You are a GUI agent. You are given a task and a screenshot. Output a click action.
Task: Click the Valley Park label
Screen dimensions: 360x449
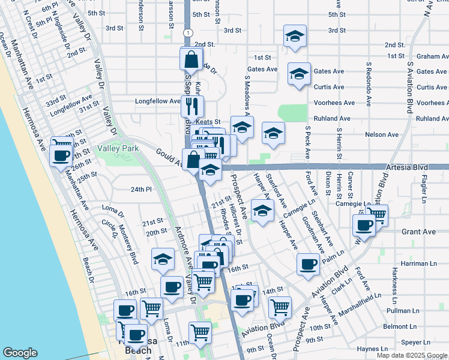point(119,148)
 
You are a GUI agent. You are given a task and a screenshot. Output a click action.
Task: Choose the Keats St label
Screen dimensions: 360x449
point(209,122)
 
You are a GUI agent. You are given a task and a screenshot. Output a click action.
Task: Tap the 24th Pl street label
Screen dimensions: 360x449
point(142,190)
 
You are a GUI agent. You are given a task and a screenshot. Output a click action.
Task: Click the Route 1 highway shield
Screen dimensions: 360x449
point(188,32)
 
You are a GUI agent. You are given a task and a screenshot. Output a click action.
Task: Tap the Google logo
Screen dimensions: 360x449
point(20,353)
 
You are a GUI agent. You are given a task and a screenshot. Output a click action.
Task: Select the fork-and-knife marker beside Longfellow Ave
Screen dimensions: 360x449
point(192,107)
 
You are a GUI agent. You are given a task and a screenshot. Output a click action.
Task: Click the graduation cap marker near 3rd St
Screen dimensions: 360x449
point(294,37)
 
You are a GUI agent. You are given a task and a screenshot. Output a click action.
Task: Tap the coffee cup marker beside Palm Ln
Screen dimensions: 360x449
point(309,265)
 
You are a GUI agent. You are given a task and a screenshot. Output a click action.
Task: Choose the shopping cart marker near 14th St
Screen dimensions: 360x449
point(280,308)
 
